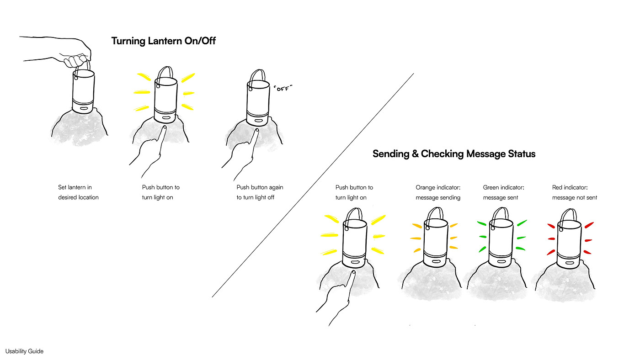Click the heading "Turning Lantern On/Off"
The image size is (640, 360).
(163, 41)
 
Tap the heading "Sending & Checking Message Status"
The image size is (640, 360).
(453, 154)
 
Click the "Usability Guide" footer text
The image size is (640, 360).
(24, 351)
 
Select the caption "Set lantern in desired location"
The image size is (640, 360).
(78, 192)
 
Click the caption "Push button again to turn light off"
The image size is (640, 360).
(260, 192)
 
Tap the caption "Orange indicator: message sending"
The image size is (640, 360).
(437, 192)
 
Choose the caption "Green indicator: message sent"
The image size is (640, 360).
(503, 192)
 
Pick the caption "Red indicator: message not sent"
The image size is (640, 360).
(574, 192)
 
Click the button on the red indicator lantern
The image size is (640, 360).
(569, 262)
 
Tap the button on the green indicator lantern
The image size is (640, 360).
(501, 262)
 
